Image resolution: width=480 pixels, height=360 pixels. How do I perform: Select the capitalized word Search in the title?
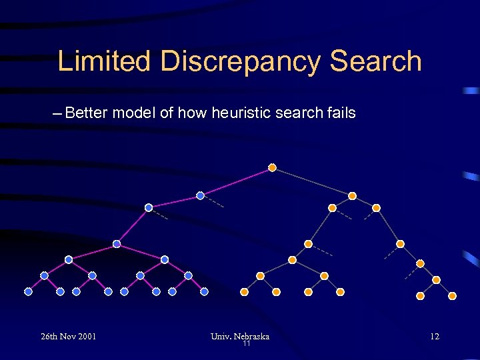[376, 61]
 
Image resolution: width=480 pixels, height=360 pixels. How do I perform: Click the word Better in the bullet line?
[87, 113]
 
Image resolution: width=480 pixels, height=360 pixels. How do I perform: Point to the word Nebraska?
[253, 336]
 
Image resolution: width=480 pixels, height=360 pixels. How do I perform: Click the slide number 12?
[435, 336]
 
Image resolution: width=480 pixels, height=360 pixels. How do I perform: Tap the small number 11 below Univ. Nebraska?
[247, 344]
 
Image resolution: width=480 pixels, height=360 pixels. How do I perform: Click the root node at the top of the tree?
[272, 167]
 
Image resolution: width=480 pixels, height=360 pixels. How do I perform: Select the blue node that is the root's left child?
[200, 195]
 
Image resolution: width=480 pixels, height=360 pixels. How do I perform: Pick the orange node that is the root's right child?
[352, 196]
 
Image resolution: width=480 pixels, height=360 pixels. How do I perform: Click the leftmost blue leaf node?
[28, 291]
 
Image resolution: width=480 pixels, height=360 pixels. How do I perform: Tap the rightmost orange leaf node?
[452, 295]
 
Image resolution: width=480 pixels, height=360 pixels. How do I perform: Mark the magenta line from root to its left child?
[236, 181]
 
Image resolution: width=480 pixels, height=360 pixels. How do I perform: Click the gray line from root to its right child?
[312, 181]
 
